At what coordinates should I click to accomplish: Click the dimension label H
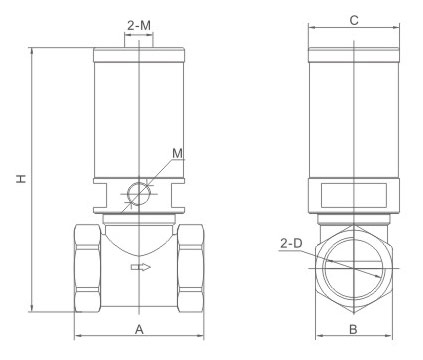pyautogui.click(x=21, y=178)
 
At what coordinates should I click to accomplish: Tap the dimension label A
pyautogui.click(x=139, y=329)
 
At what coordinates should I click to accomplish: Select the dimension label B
pyautogui.click(x=353, y=329)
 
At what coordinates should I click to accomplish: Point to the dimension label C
pyautogui.click(x=354, y=20)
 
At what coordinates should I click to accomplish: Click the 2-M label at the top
pyautogui.click(x=139, y=25)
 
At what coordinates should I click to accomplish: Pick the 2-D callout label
pyautogui.click(x=291, y=243)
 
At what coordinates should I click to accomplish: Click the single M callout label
pyautogui.click(x=178, y=153)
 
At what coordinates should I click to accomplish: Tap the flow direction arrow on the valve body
pyautogui.click(x=141, y=267)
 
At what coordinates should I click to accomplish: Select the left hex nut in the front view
pyautogui.click(x=87, y=268)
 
